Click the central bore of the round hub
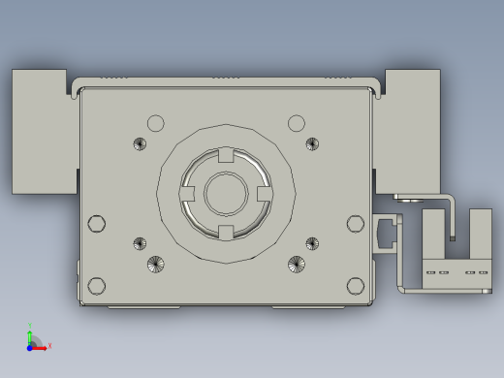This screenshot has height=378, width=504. (x=226, y=192)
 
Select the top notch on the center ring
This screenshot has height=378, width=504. (x=226, y=155)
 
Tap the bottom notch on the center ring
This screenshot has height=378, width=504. (x=226, y=231)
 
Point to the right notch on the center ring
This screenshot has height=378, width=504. (x=264, y=193)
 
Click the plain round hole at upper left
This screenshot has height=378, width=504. (x=155, y=123)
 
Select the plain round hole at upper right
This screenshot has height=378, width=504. (x=297, y=123)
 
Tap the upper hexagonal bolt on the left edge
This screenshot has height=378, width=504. (x=96, y=224)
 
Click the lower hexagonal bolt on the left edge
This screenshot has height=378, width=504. (x=96, y=285)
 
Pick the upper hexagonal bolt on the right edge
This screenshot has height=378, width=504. (x=356, y=224)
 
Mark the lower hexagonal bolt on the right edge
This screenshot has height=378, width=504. (x=356, y=285)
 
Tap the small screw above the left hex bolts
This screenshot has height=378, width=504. (x=140, y=144)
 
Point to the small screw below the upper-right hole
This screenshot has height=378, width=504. (x=312, y=144)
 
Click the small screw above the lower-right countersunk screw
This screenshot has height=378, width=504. (x=312, y=242)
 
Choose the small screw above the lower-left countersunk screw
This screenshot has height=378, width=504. (x=140, y=242)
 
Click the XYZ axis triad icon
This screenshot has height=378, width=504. (x=35, y=340)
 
